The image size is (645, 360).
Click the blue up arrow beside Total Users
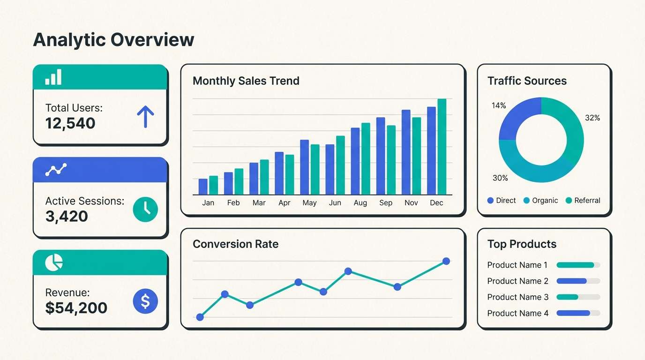[145, 117]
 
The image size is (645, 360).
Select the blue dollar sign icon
[145, 301]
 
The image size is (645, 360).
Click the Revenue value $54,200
[76, 308]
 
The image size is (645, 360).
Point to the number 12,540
[70, 123]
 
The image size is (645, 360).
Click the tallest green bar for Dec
[442, 147]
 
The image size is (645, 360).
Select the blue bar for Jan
[203, 187]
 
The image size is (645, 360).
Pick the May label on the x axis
[309, 203]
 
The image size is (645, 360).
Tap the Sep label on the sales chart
[386, 203]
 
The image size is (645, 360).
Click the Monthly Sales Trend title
[246, 81]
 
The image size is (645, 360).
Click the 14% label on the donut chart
[499, 106]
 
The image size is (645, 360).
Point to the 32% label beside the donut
[592, 118]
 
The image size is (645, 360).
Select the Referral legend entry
[583, 201]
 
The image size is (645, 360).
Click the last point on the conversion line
[446, 261]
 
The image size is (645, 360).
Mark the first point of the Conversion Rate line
[200, 317]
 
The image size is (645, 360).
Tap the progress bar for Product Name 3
[578, 297]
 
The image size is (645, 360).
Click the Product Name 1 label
[517, 265]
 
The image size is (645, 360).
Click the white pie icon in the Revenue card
[54, 262]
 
